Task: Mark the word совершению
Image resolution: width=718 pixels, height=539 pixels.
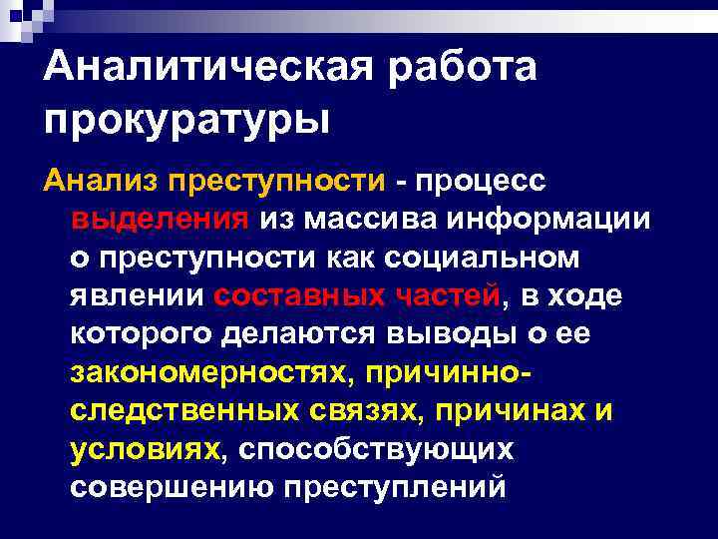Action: (173, 488)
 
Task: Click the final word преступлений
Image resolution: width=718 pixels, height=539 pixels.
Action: (396, 488)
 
